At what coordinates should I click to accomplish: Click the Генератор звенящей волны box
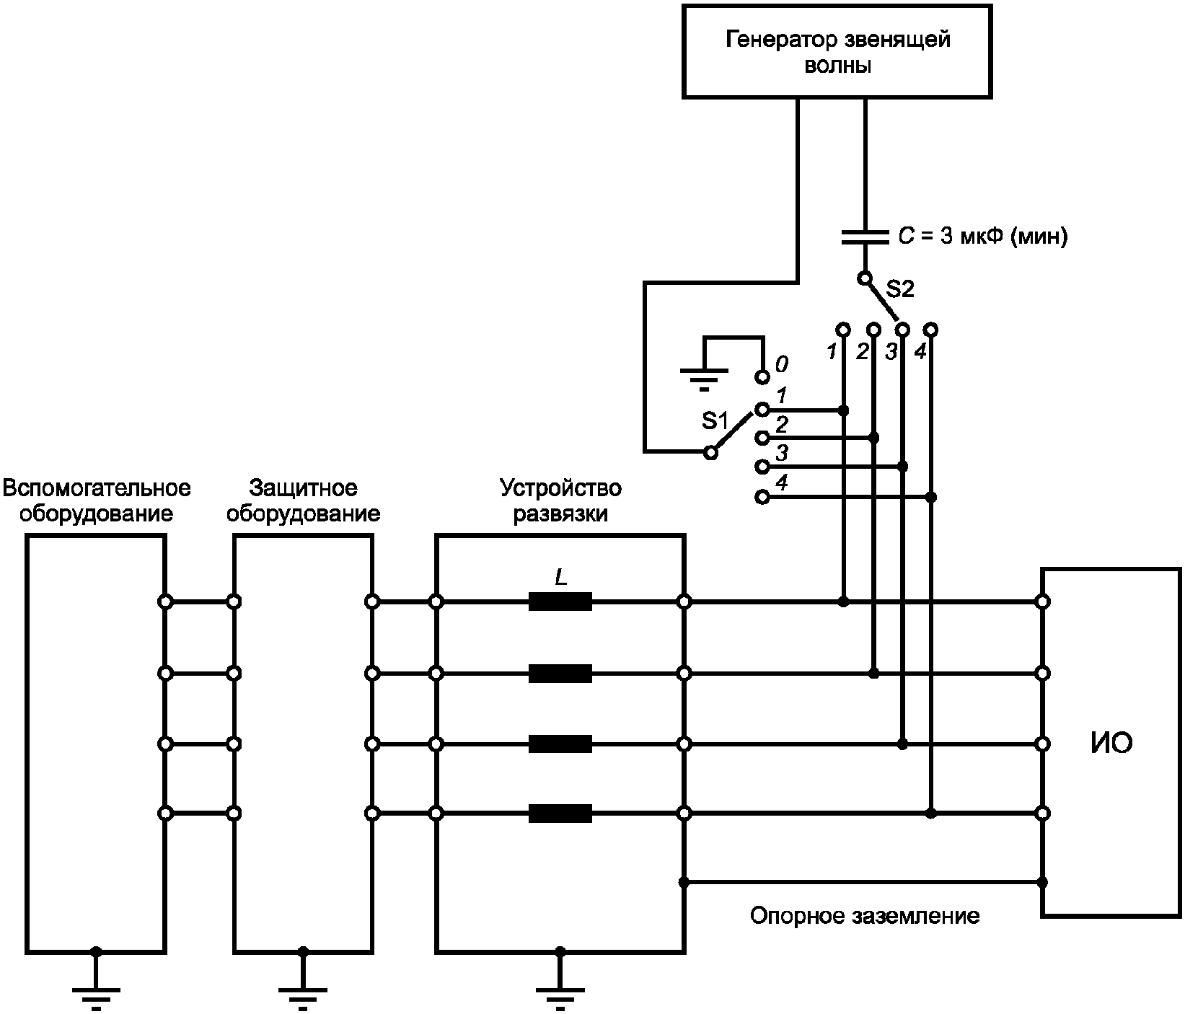coord(837,52)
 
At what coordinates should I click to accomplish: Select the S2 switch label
coord(899,289)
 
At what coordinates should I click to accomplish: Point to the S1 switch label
coord(715,420)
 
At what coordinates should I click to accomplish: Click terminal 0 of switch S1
coord(762,376)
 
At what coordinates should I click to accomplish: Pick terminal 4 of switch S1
coord(762,497)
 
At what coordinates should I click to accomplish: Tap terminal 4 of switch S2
coord(930,330)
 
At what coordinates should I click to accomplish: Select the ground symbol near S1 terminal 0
coord(704,376)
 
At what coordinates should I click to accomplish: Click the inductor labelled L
coord(560,601)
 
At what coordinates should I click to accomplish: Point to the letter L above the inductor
coord(560,577)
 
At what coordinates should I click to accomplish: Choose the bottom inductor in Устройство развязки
coord(560,814)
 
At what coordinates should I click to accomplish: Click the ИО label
coord(1111,743)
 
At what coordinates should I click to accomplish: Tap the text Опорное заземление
coord(865,916)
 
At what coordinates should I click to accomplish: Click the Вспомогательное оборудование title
coord(97,501)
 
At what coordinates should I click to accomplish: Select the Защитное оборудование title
coord(303,501)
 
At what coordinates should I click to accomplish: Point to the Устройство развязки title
coord(560,501)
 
